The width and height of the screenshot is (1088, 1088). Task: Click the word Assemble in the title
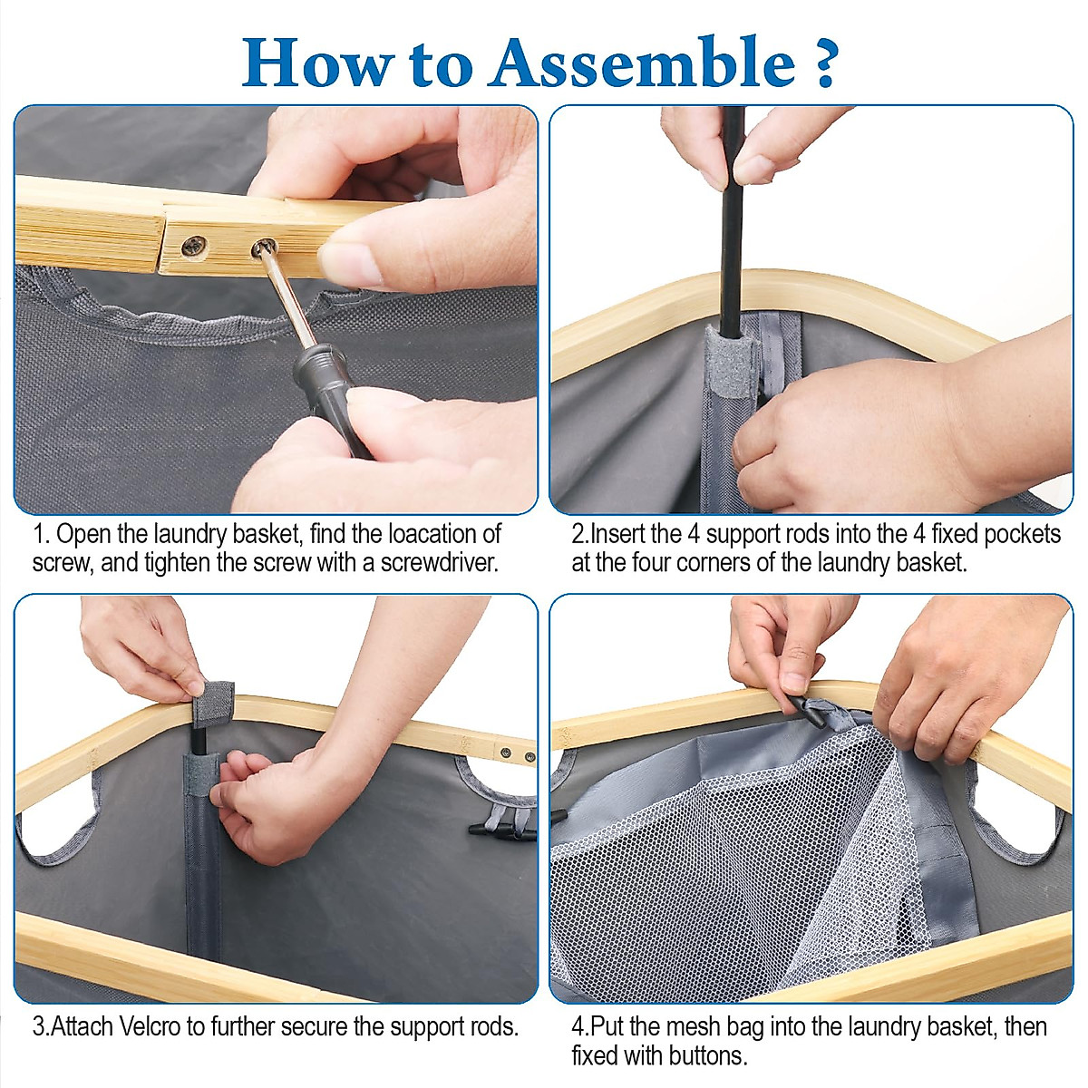click(x=644, y=63)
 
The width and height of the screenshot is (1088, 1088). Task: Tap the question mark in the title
click(x=825, y=63)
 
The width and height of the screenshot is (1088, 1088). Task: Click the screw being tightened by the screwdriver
click(x=264, y=247)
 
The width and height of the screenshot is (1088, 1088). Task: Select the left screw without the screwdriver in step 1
click(x=193, y=247)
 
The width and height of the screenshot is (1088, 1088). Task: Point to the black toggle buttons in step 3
click(x=501, y=830)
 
